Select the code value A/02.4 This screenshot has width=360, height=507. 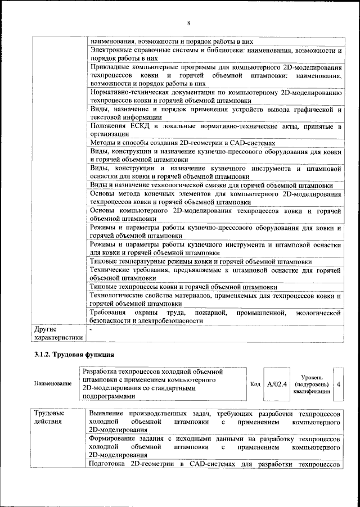pyautogui.click(x=277, y=383)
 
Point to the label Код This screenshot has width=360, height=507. pyautogui.click(x=254, y=383)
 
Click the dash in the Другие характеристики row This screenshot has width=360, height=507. pyautogui.click(x=91, y=327)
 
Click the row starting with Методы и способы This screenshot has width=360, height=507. pyautogui.click(x=183, y=143)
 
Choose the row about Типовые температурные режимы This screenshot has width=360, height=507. pyautogui.click(x=201, y=261)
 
